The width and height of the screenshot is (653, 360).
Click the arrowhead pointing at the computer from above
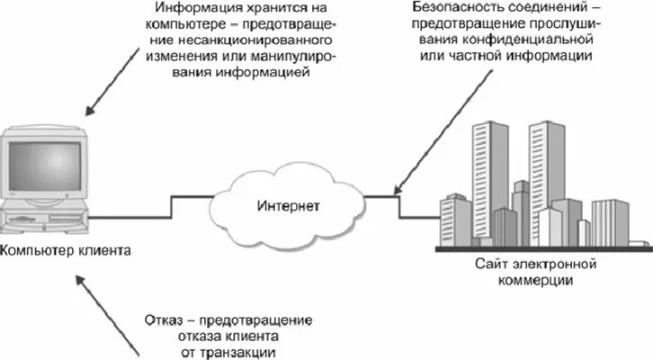tap(89, 112)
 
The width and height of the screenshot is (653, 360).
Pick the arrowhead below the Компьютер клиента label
tap(80, 282)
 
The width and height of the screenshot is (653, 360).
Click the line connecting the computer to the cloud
tap(162, 211)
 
